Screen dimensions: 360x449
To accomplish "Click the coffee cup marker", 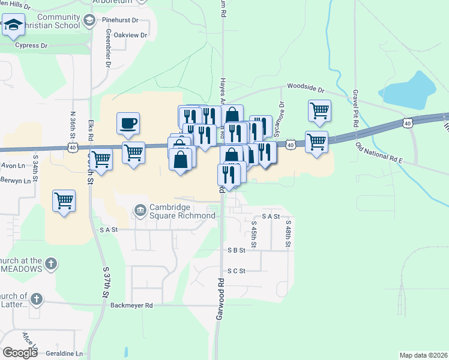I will point(128,124).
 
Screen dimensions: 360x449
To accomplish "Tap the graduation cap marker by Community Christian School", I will point(13,26).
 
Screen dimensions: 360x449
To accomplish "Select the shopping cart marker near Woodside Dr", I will point(319,110).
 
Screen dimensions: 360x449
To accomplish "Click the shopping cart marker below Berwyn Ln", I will point(64,201).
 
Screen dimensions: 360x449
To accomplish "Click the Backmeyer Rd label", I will point(132,305).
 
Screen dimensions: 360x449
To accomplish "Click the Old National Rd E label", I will point(378,154).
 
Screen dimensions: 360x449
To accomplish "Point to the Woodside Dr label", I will point(306,88).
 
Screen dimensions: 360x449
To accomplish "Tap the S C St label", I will point(237,271).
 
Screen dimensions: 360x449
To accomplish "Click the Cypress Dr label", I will point(31,46).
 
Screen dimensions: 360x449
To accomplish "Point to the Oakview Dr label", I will point(130,35).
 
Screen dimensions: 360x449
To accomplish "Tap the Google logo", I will point(20,353).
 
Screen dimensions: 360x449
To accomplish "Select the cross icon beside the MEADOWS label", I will point(52,263).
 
